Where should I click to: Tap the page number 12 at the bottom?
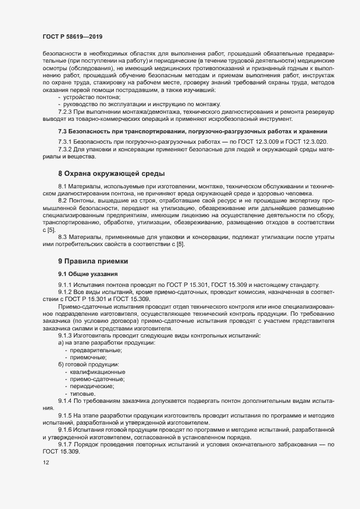(46, 463)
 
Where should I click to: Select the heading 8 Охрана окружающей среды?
(111, 174)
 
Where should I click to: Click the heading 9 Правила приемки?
(93, 261)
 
